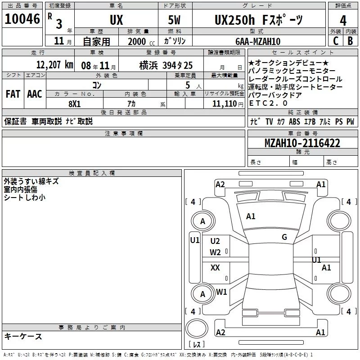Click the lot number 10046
(x=22, y=19)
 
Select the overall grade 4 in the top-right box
(x=343, y=20)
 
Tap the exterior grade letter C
(x=336, y=41)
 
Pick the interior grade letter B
(x=350, y=41)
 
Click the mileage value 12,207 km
(x=55, y=65)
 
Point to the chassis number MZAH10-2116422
(x=302, y=143)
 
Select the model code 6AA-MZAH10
(x=258, y=41)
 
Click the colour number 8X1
(x=75, y=104)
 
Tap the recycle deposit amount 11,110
(x=224, y=104)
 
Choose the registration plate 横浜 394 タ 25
(x=166, y=65)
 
